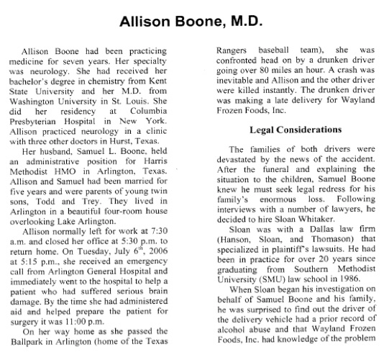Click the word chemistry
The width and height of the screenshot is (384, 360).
pos(123,93)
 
